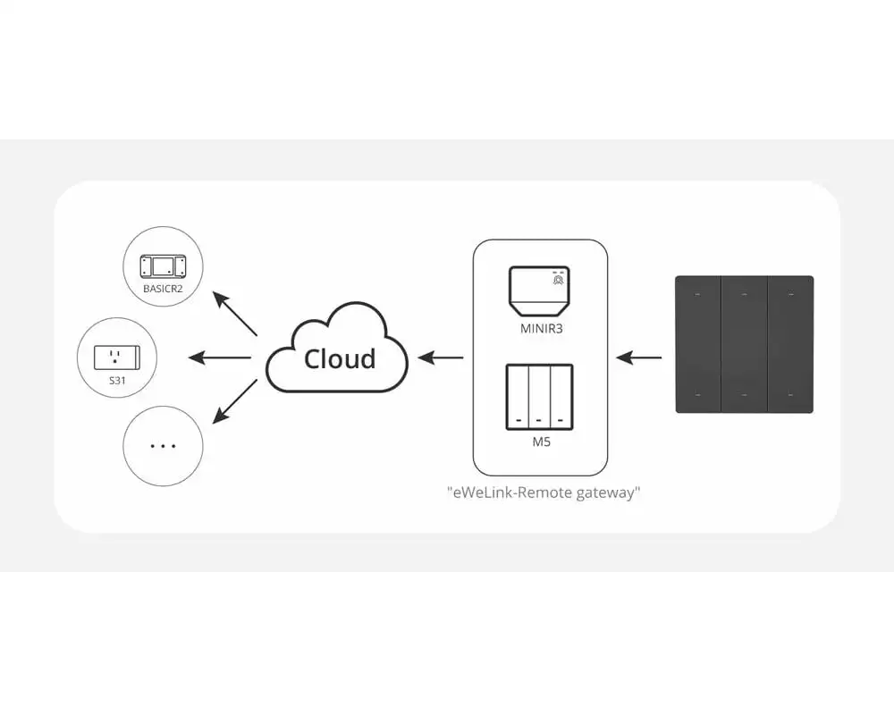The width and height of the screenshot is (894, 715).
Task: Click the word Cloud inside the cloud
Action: (340, 358)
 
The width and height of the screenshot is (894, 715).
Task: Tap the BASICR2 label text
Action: (163, 289)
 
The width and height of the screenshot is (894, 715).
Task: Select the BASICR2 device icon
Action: (163, 265)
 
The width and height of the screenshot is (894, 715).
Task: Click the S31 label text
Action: (118, 381)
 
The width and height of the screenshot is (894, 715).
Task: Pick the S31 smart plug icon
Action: (118, 357)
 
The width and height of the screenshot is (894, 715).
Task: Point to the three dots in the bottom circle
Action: (163, 445)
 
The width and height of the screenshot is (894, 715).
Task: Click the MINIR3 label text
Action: (541, 328)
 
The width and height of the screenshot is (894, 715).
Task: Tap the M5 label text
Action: (540, 441)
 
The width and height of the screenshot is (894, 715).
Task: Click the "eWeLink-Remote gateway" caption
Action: (544, 492)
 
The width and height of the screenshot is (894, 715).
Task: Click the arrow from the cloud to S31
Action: (220, 358)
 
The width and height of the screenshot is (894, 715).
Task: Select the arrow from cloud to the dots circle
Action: (234, 401)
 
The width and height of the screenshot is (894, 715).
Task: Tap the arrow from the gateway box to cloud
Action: (442, 358)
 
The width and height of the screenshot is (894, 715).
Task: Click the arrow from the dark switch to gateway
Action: (639, 358)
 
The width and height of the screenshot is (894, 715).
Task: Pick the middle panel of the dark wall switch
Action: (744, 344)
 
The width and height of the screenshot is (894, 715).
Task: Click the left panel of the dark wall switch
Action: (698, 344)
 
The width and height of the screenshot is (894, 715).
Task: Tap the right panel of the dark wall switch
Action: (790, 344)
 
